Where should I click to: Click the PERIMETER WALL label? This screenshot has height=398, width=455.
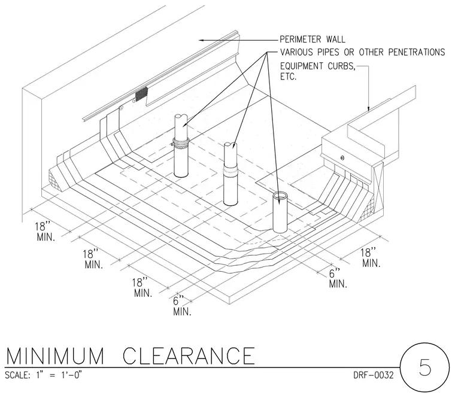[313, 39]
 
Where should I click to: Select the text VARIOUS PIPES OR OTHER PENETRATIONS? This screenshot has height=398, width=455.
[362, 52]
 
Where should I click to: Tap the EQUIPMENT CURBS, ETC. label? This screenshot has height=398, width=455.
[318, 71]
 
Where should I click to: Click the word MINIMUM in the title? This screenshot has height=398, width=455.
[55, 356]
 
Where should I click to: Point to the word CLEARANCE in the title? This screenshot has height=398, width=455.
[189, 356]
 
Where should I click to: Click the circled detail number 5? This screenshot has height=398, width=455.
[425, 367]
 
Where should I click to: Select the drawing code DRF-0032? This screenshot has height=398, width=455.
[374, 375]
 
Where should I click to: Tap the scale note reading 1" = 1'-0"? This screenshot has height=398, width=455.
[59, 375]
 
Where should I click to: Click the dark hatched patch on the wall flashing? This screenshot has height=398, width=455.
[142, 94]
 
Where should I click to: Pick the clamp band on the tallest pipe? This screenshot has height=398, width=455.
[181, 142]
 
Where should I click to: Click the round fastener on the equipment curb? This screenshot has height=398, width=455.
[342, 158]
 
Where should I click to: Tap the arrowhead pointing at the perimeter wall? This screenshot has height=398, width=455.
[202, 40]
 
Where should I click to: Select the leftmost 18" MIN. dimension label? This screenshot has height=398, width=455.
[45, 232]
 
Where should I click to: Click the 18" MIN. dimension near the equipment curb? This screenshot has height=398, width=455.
[371, 257]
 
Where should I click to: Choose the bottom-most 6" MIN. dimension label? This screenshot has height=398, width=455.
[182, 306]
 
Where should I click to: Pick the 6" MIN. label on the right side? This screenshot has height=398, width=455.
[338, 278]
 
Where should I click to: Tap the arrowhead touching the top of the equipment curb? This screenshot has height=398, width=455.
[369, 109]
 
